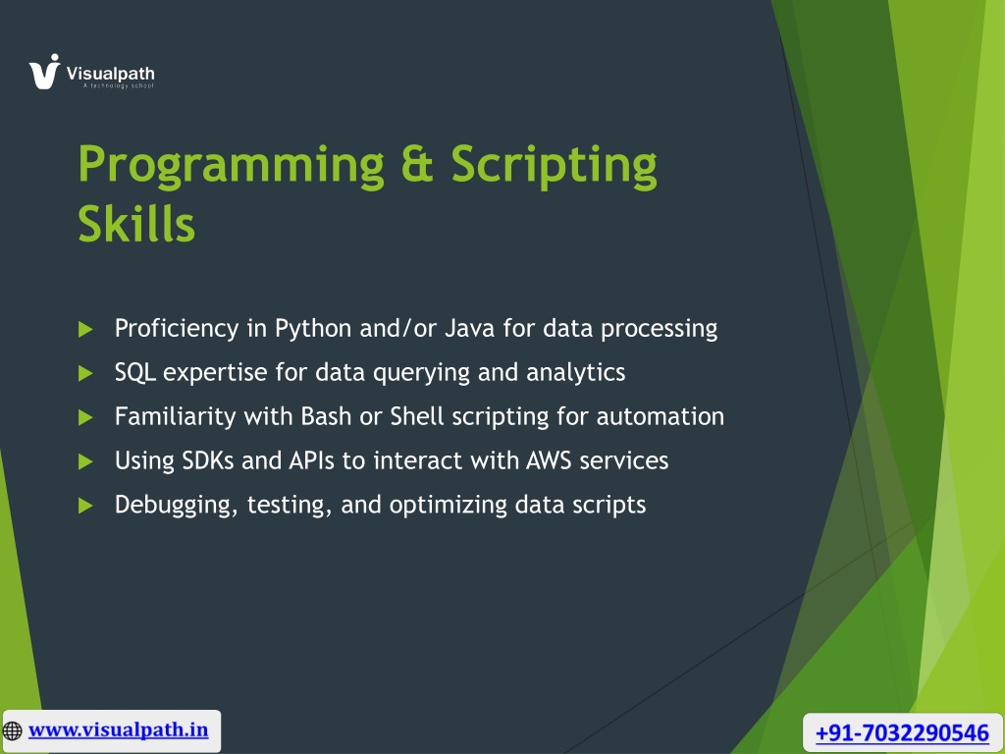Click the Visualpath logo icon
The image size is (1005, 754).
click(x=44, y=71)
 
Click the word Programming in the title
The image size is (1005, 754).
click(x=231, y=166)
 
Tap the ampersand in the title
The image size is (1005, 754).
click(x=417, y=163)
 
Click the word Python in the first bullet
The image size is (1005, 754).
click(x=313, y=329)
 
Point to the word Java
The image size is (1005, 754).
click(x=470, y=328)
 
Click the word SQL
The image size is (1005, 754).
click(x=135, y=372)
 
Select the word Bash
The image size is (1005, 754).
click(x=326, y=416)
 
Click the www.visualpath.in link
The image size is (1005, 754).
click(x=119, y=729)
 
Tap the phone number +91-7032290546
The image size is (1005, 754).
click(x=902, y=732)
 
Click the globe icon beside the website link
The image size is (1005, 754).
click(x=12, y=730)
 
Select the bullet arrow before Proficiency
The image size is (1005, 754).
click(x=85, y=330)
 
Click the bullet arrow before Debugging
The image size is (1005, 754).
click(x=85, y=506)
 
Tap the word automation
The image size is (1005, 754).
click(x=661, y=416)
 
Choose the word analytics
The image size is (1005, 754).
click(x=575, y=373)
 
